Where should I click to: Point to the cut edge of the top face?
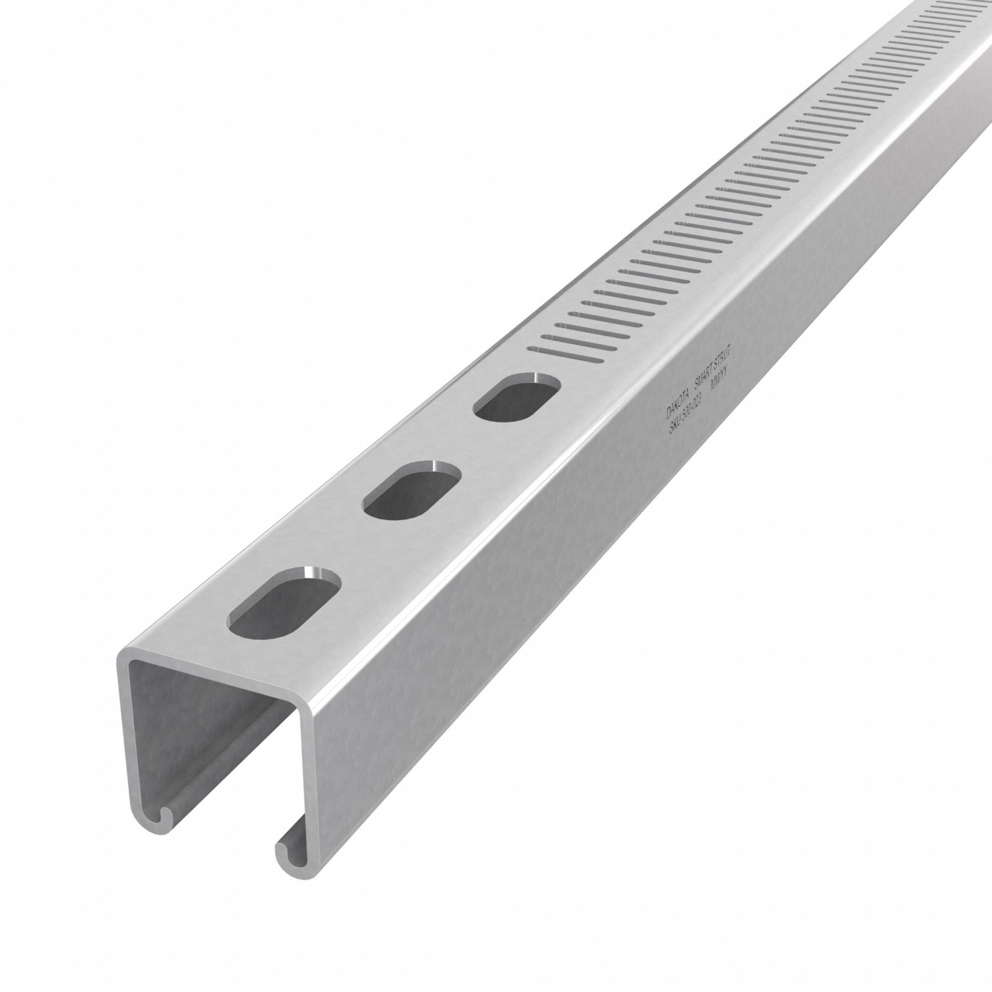pos(216,677)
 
